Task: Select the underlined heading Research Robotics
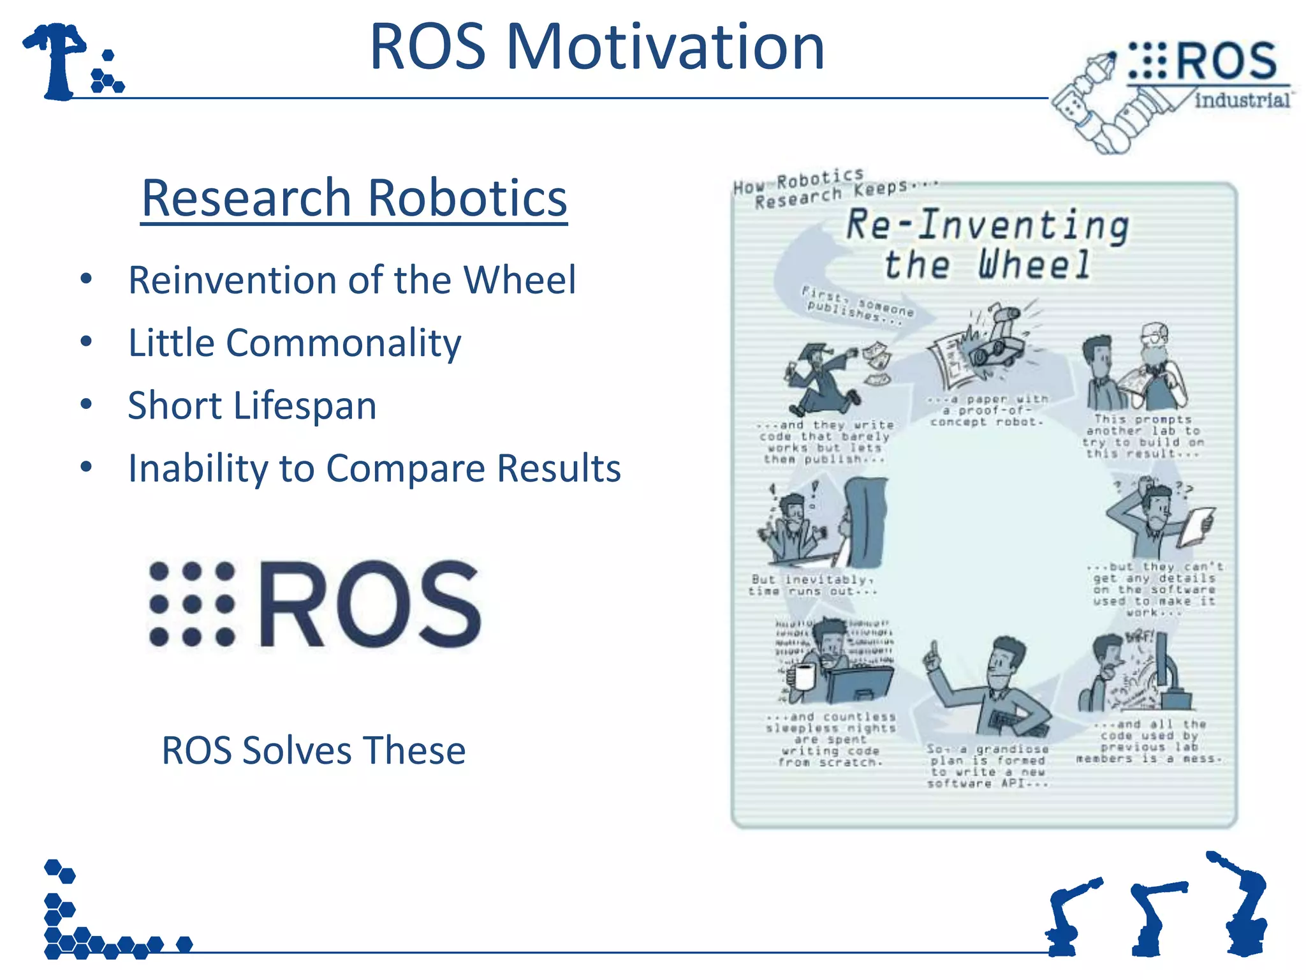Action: coord(354,198)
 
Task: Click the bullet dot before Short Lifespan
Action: coord(87,405)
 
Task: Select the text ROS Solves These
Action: coord(313,750)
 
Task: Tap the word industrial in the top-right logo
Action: coord(1241,100)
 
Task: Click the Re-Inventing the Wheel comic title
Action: coord(987,244)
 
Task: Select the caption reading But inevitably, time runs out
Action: coord(812,585)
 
